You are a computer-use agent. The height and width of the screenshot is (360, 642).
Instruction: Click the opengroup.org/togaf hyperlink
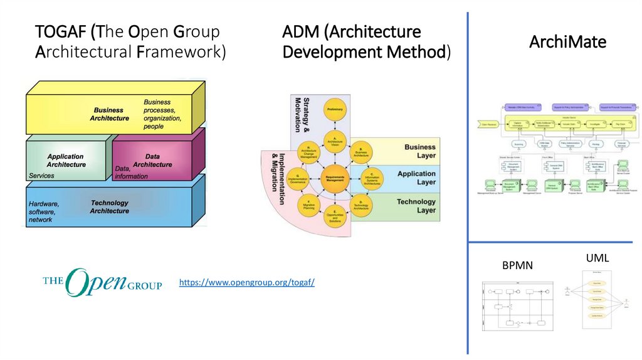click(x=246, y=283)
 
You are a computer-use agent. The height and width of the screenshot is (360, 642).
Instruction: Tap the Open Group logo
click(x=102, y=283)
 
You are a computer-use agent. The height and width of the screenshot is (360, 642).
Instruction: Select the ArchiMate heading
click(x=567, y=42)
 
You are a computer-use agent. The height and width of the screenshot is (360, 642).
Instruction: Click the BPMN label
click(x=517, y=265)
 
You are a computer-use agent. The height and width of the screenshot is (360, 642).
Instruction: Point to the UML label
click(x=597, y=257)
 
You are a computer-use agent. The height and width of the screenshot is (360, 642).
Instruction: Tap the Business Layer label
click(x=419, y=152)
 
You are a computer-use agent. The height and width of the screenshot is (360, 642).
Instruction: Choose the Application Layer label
click(x=417, y=178)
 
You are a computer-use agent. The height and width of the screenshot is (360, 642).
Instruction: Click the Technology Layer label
click(x=416, y=206)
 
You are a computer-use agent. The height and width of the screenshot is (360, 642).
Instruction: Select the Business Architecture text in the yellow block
click(x=109, y=114)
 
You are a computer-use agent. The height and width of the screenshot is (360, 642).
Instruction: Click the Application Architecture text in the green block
click(x=66, y=161)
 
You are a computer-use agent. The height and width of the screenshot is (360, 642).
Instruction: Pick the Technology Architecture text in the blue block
click(x=110, y=207)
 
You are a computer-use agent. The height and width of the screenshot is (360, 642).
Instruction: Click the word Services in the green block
click(x=42, y=176)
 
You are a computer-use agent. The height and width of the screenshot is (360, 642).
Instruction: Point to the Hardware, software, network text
click(x=43, y=212)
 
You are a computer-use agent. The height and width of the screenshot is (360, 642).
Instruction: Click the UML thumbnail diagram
click(x=597, y=300)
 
